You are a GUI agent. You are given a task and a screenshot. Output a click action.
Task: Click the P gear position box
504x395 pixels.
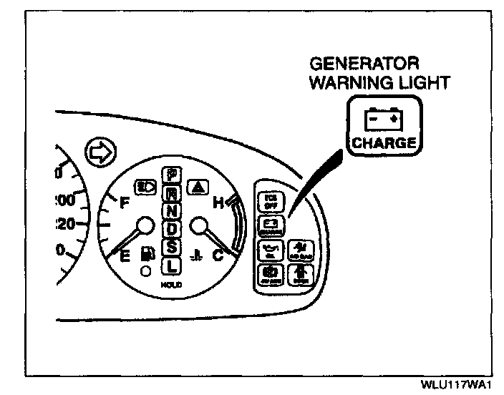(171, 174)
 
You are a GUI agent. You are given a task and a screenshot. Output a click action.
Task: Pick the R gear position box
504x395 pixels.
(171, 192)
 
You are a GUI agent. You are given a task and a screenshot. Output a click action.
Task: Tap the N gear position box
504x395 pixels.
(171, 211)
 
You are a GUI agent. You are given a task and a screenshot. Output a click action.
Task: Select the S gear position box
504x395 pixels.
(171, 248)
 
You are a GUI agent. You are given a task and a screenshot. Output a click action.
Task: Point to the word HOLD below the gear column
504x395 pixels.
(171, 284)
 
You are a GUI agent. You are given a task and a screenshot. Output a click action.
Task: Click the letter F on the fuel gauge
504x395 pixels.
(125, 203)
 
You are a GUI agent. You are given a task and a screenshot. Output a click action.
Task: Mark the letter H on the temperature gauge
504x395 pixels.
(218, 203)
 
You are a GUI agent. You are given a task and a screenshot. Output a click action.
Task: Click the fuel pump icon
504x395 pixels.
(147, 254)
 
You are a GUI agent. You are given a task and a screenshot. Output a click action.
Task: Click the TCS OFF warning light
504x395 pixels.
(270, 200)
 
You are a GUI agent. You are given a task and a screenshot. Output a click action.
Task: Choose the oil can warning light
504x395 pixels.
(270, 250)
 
